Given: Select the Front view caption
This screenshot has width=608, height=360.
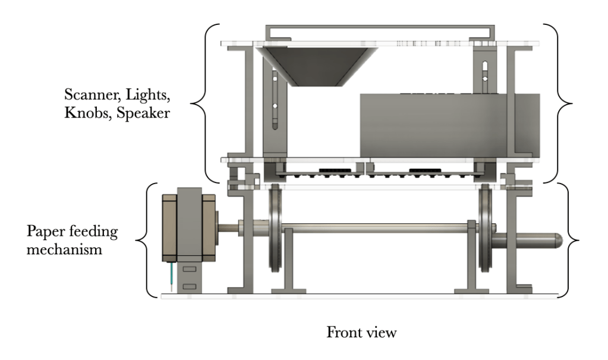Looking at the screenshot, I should tap(361, 333).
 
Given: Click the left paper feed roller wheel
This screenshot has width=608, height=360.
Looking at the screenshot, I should tap(275, 229).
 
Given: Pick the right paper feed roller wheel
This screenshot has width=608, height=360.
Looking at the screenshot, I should tap(486, 229).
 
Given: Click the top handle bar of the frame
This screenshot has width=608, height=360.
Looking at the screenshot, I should tap(379, 27).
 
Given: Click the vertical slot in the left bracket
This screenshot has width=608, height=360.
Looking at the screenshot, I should tap(275, 101).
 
